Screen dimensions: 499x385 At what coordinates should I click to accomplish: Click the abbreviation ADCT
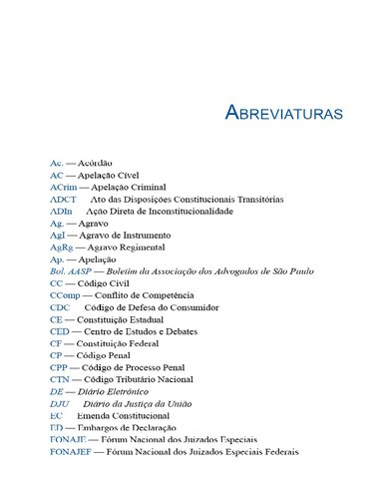62,200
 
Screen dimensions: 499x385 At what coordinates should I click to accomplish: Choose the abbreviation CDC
60,308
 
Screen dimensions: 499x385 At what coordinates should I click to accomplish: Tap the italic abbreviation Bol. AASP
71,271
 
